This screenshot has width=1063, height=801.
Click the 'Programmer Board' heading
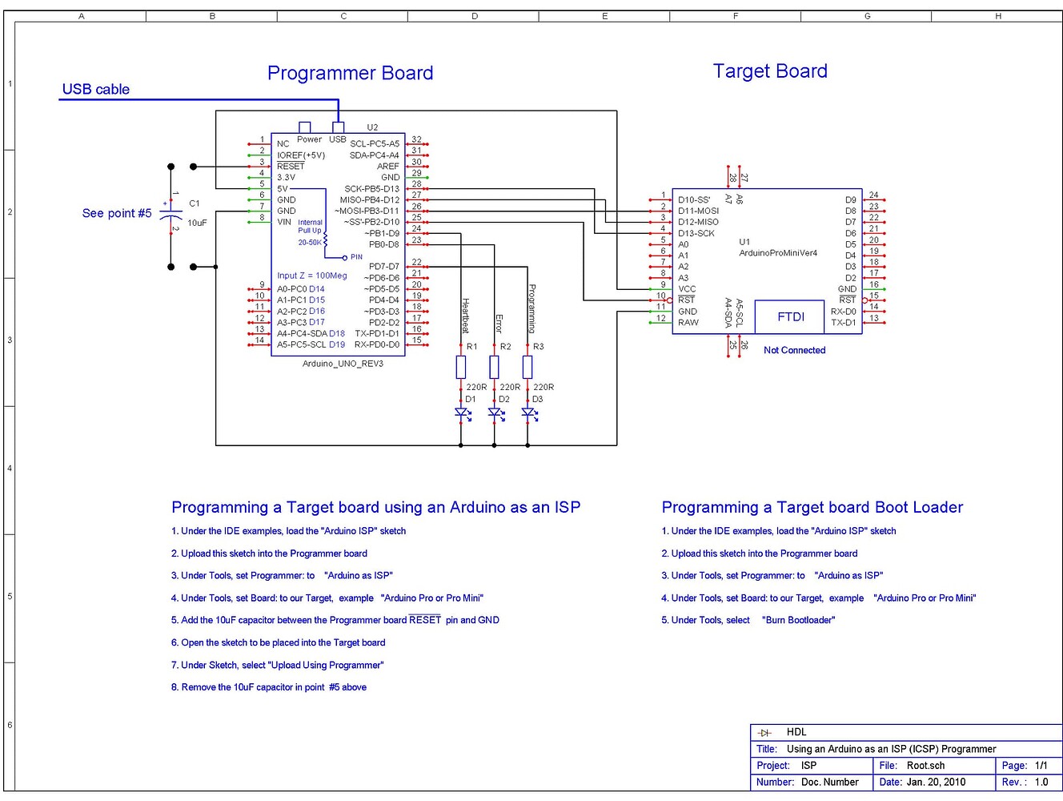[350, 74]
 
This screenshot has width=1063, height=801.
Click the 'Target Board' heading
[770, 71]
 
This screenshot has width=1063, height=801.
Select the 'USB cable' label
[95, 90]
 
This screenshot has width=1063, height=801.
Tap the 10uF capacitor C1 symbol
[171, 216]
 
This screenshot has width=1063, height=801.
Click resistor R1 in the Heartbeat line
[461, 368]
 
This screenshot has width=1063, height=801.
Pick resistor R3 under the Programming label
[527, 368]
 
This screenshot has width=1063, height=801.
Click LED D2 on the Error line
[495, 413]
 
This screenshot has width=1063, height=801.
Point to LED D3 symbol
[528, 413]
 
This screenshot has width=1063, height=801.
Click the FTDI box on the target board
[790, 317]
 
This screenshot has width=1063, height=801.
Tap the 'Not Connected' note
[794, 350]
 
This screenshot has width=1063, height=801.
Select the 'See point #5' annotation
[116, 214]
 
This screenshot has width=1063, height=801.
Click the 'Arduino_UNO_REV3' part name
[343, 364]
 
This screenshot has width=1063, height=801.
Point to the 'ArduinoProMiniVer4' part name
[778, 253]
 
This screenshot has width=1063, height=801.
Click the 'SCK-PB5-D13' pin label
[371, 189]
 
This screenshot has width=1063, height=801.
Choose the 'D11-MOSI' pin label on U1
[698, 211]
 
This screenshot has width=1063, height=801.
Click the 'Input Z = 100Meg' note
[312, 276]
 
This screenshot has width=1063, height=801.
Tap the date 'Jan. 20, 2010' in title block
[935, 783]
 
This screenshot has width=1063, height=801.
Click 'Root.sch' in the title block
[925, 766]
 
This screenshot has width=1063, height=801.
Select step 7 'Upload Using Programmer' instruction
[277, 665]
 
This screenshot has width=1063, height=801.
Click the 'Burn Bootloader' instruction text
[798, 620]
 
